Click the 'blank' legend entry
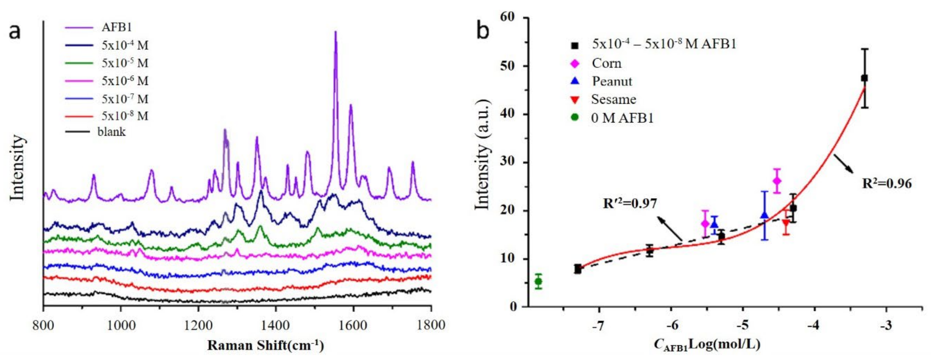coord(111,132)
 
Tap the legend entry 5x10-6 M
coord(125,81)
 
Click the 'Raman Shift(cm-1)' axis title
coord(265,345)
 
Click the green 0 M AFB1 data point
coord(538,281)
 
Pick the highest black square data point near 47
coord(864,78)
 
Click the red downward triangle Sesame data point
coord(786,223)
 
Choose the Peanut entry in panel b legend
coord(612,81)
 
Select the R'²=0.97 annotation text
coord(630,203)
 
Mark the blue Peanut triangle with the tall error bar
coord(764,215)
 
